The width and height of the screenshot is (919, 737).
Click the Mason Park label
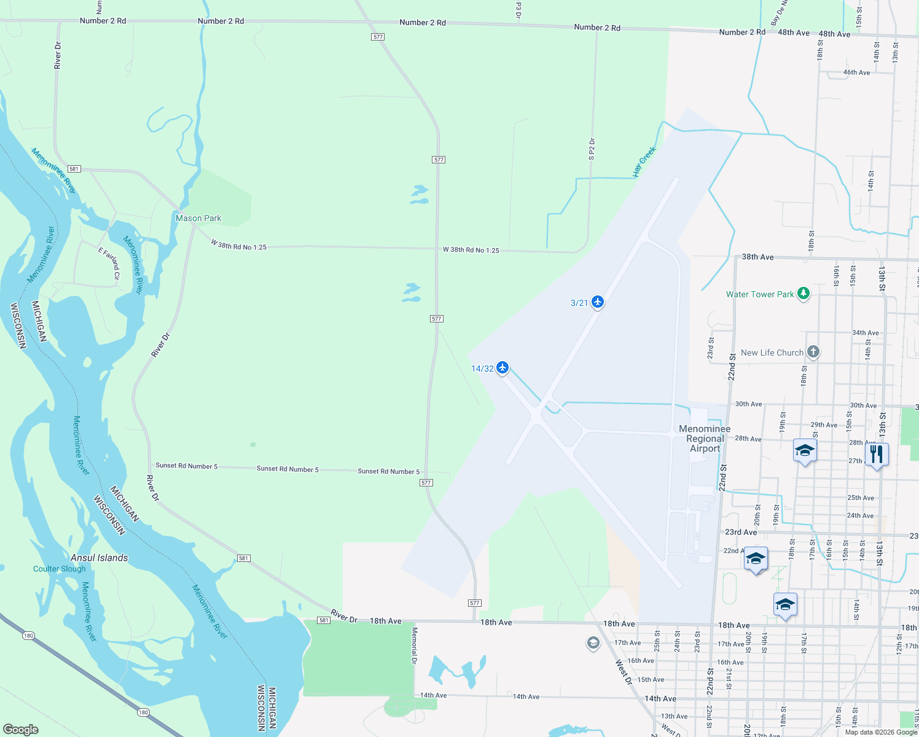(x=198, y=218)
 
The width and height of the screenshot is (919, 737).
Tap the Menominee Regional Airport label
(x=705, y=439)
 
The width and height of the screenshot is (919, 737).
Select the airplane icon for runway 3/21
(x=597, y=302)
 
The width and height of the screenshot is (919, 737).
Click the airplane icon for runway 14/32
(x=503, y=368)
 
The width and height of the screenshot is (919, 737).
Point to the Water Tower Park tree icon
(x=803, y=294)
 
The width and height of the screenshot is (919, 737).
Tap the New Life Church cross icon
(x=813, y=352)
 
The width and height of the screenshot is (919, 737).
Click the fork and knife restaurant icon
(x=877, y=454)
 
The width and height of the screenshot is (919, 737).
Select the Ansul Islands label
(x=100, y=558)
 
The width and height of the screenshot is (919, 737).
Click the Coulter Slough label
(x=60, y=569)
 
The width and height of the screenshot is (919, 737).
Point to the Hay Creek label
(x=644, y=162)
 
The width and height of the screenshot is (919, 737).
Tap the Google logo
(x=21, y=729)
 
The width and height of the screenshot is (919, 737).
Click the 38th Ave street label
(x=757, y=257)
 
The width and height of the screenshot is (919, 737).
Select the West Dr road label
(x=624, y=672)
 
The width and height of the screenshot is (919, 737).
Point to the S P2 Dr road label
(x=592, y=149)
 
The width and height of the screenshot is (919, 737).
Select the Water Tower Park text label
(x=760, y=294)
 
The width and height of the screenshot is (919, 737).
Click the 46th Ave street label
(x=856, y=72)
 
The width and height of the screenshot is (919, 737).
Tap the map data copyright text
(x=881, y=731)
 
